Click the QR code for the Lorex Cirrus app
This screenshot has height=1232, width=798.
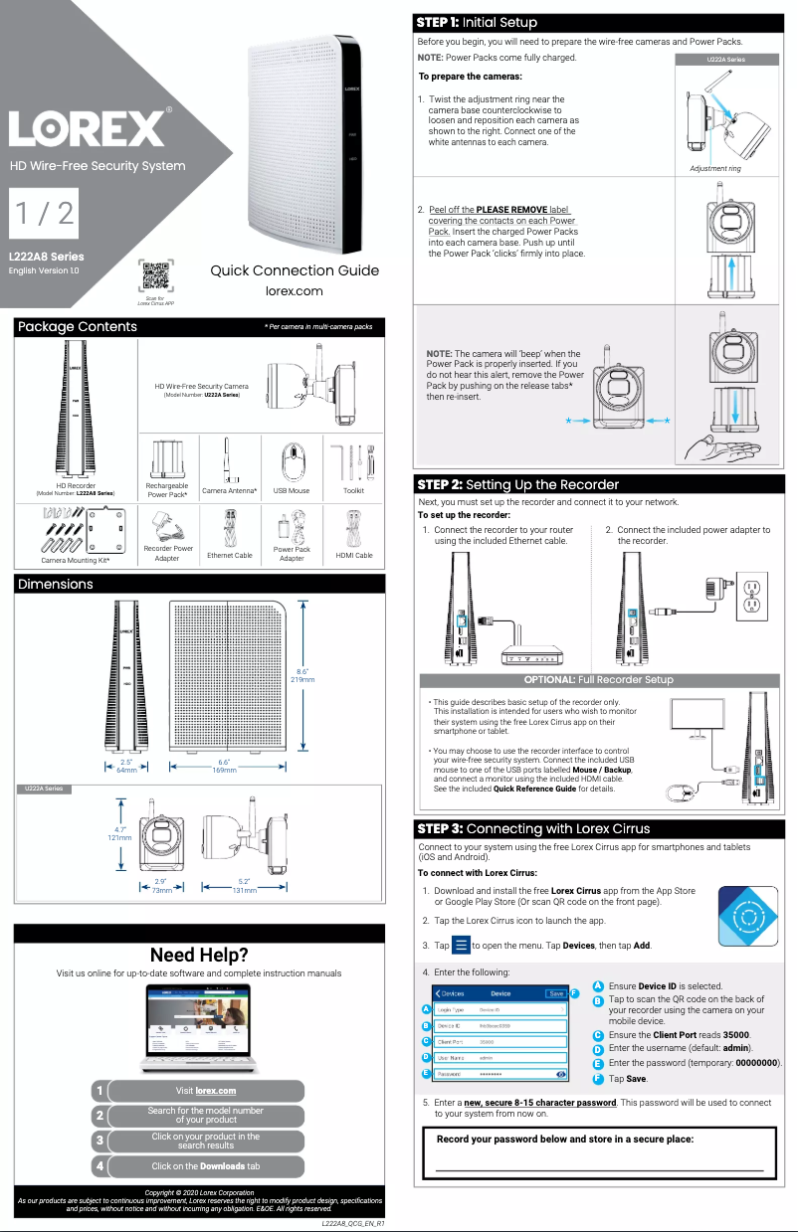pos(155,275)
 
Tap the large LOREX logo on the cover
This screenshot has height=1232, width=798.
pos(88,127)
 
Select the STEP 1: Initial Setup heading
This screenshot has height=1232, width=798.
pos(477,22)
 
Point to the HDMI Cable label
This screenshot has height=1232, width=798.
pos(354,555)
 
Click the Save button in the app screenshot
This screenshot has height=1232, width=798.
pos(556,992)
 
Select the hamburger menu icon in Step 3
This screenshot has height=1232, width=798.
pos(461,945)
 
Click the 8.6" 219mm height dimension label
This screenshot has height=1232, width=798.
pos(302,675)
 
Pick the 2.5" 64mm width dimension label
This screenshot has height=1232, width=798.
pos(126,766)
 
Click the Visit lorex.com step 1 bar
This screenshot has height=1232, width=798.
pos(205,1091)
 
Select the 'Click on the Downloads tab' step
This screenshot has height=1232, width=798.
pos(205,1165)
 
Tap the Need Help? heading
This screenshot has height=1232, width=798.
pos(198,956)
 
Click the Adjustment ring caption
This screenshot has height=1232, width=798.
pos(714,169)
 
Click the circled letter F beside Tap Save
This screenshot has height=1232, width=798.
pos(597,1078)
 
